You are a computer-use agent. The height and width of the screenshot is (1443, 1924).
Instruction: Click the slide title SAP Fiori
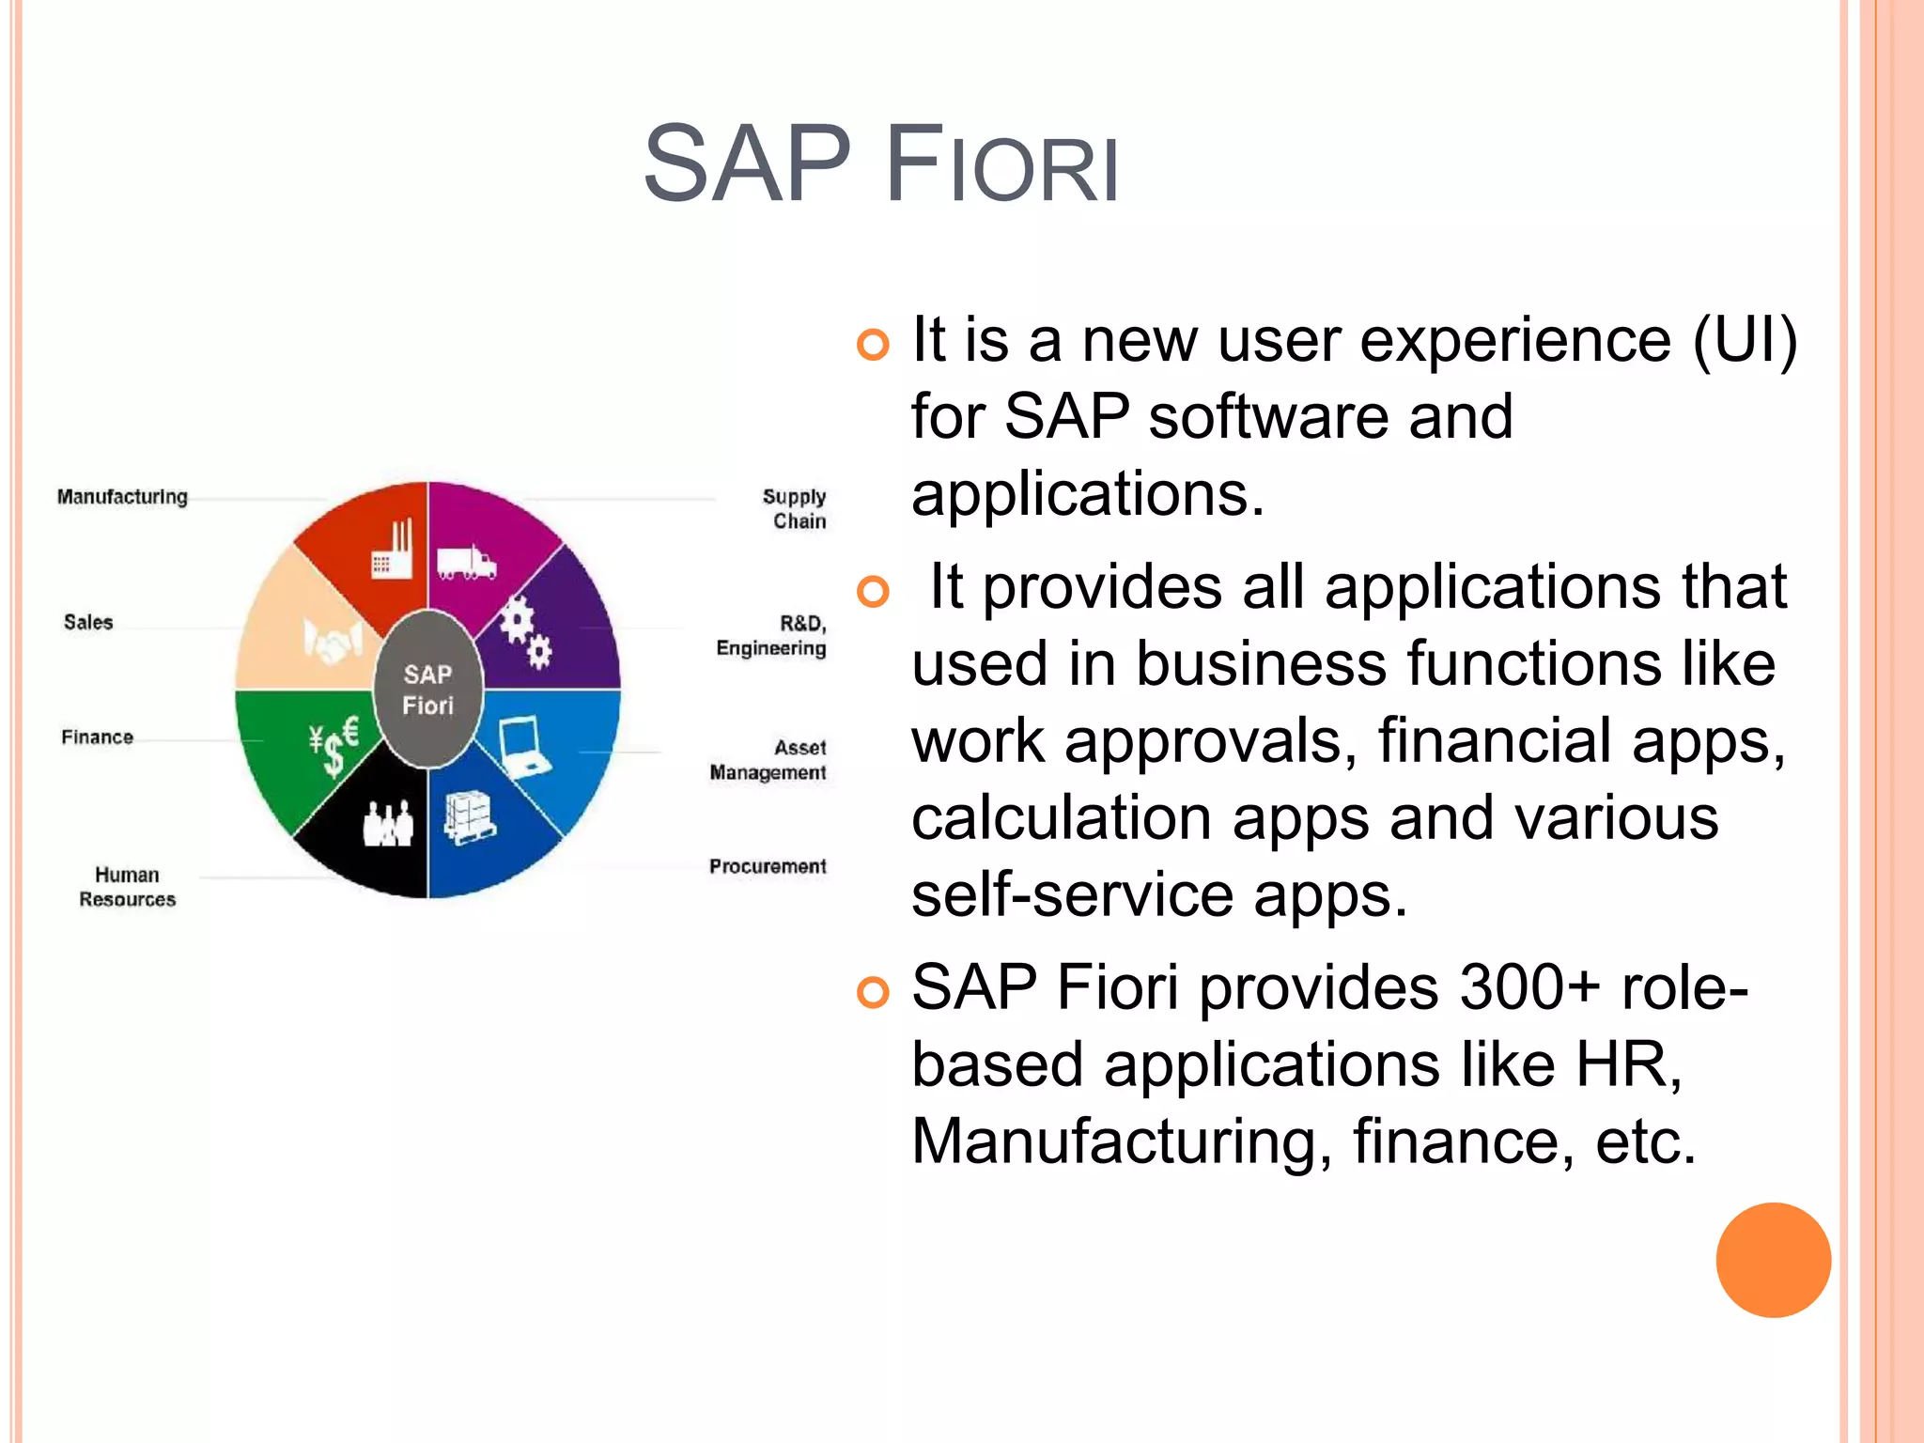click(881, 164)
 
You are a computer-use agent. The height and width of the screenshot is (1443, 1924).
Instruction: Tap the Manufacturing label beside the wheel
click(122, 496)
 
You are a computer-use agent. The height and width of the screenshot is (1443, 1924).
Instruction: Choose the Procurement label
click(768, 866)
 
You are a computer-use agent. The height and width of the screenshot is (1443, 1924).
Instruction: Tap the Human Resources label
click(127, 887)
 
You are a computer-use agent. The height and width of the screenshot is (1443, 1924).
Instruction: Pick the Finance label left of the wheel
click(98, 737)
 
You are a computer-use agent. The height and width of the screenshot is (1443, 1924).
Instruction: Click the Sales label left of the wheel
click(88, 622)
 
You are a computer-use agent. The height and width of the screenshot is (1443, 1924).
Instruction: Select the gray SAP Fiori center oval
click(428, 690)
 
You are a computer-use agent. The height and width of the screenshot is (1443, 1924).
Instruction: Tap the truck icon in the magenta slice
click(466, 563)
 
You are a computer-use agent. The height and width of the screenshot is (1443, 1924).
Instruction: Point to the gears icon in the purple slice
click(524, 631)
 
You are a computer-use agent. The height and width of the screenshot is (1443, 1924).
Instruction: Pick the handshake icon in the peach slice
click(332, 642)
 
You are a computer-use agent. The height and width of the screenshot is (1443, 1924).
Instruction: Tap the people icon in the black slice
click(388, 824)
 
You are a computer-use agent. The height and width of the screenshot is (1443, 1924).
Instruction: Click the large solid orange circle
click(1773, 1260)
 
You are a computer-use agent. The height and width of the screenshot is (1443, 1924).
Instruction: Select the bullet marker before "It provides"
click(873, 592)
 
